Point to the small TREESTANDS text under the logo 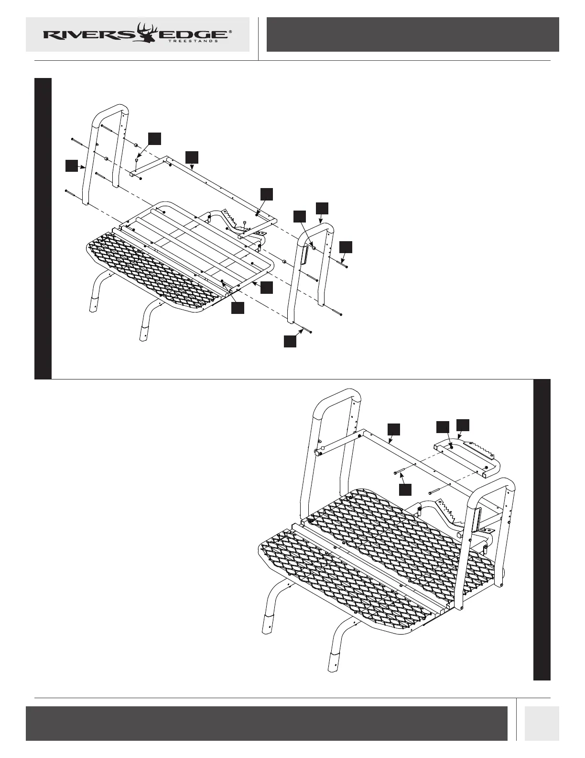[x=194, y=42]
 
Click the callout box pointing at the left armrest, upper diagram [x=71, y=166]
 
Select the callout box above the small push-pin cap [x=154, y=138]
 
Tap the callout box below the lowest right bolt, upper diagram [x=290, y=341]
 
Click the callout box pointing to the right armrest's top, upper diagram [x=322, y=208]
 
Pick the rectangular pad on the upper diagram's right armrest [x=303, y=255]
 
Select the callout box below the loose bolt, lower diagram [x=405, y=489]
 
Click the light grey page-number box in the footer [x=542, y=723]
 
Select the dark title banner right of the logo [x=412, y=34]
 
